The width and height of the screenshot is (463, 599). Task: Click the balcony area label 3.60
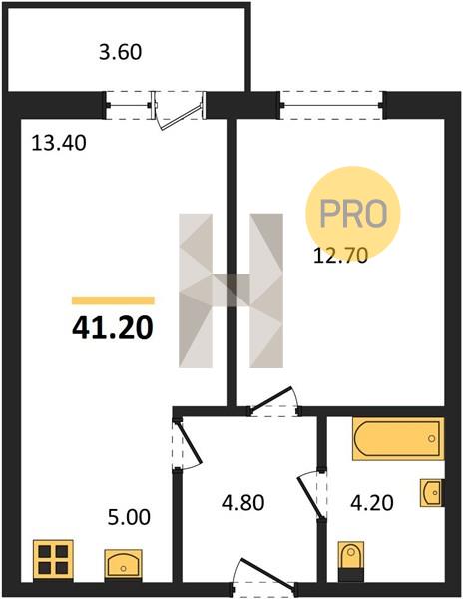[x=120, y=52]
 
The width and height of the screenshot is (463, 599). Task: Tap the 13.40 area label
[x=59, y=144]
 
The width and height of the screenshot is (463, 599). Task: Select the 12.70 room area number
[x=340, y=256]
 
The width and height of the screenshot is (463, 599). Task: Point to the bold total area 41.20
[x=113, y=328]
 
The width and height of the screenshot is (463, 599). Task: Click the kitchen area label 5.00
[x=129, y=517]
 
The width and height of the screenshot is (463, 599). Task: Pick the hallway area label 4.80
[x=242, y=503]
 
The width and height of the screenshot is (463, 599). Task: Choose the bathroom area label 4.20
[x=372, y=503]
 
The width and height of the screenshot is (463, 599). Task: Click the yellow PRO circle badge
[x=352, y=213]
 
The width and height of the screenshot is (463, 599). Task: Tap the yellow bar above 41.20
[x=113, y=300]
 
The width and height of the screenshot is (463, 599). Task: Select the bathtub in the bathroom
[x=398, y=439]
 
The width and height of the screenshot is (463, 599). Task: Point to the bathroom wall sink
[x=432, y=493]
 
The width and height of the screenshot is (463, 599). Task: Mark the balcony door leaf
[x=182, y=117]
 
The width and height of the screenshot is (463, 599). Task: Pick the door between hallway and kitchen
[x=190, y=443]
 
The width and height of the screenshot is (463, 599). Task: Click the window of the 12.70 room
[x=331, y=105]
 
